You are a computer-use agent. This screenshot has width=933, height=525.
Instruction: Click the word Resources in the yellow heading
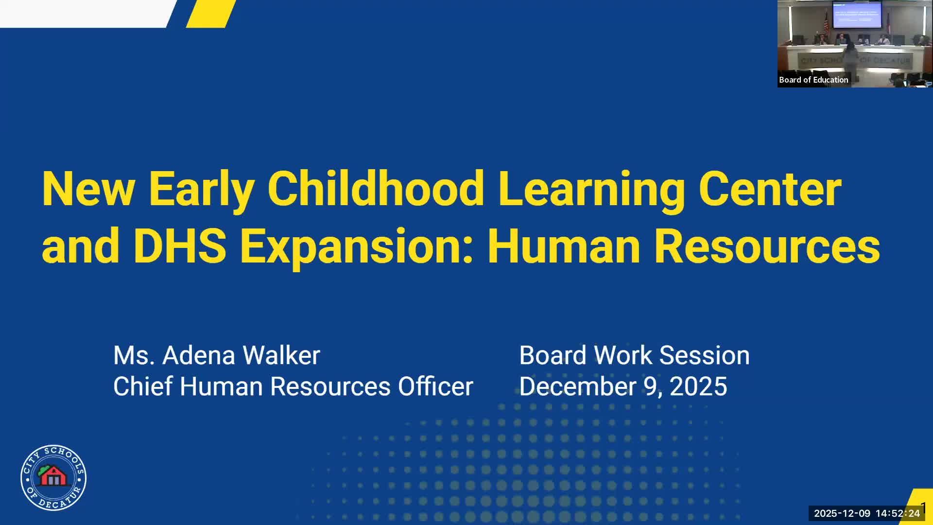click(x=767, y=245)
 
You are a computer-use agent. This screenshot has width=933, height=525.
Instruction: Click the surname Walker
click(x=281, y=355)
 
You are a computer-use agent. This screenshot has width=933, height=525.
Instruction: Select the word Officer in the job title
click(x=435, y=386)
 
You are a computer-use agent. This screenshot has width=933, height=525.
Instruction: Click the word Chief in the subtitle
click(x=143, y=386)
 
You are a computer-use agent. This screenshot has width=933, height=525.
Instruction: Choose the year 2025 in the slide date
click(x=698, y=386)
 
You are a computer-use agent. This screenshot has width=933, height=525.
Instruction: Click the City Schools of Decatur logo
click(x=53, y=478)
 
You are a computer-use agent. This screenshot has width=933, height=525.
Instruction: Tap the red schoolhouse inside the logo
click(x=53, y=476)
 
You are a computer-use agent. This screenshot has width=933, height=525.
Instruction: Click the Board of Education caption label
click(x=813, y=80)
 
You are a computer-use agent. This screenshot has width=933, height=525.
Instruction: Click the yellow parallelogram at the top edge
click(x=211, y=14)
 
